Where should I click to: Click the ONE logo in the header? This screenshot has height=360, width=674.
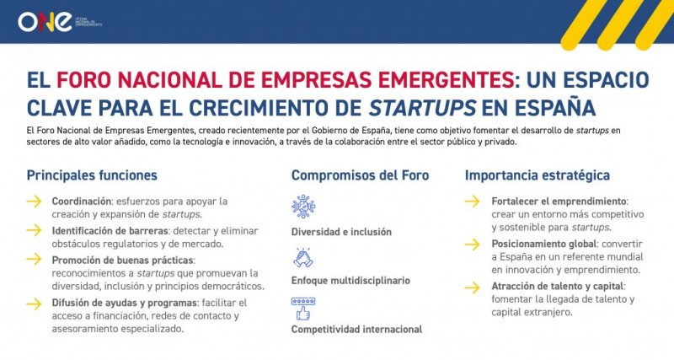coord(43,21)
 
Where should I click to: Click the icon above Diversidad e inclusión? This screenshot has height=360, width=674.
coord(303,207)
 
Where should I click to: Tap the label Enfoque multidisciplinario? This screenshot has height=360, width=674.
coord(350,279)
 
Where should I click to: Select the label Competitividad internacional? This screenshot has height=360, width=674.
coord(356,329)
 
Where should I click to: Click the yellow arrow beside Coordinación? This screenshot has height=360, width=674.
coord(34,201)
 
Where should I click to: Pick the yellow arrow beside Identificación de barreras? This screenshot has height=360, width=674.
coord(34,230)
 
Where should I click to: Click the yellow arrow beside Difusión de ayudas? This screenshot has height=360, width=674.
coord(34,302)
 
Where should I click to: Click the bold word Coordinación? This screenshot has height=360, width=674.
coord(82,201)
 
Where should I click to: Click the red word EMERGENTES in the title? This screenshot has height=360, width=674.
coord(426,80)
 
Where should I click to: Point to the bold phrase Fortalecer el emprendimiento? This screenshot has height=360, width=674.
coord(559,201)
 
